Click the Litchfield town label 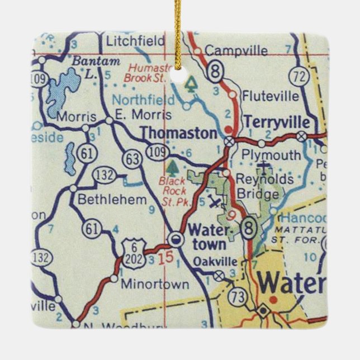click(x=136, y=41)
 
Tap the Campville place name click(x=236, y=51)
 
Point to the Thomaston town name click(x=178, y=133)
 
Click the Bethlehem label click(x=112, y=199)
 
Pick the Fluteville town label click(x=270, y=96)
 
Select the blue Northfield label click(x=143, y=101)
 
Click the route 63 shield click(x=132, y=159)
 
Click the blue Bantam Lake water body click(x=61, y=92)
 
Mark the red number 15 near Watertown click(x=164, y=258)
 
